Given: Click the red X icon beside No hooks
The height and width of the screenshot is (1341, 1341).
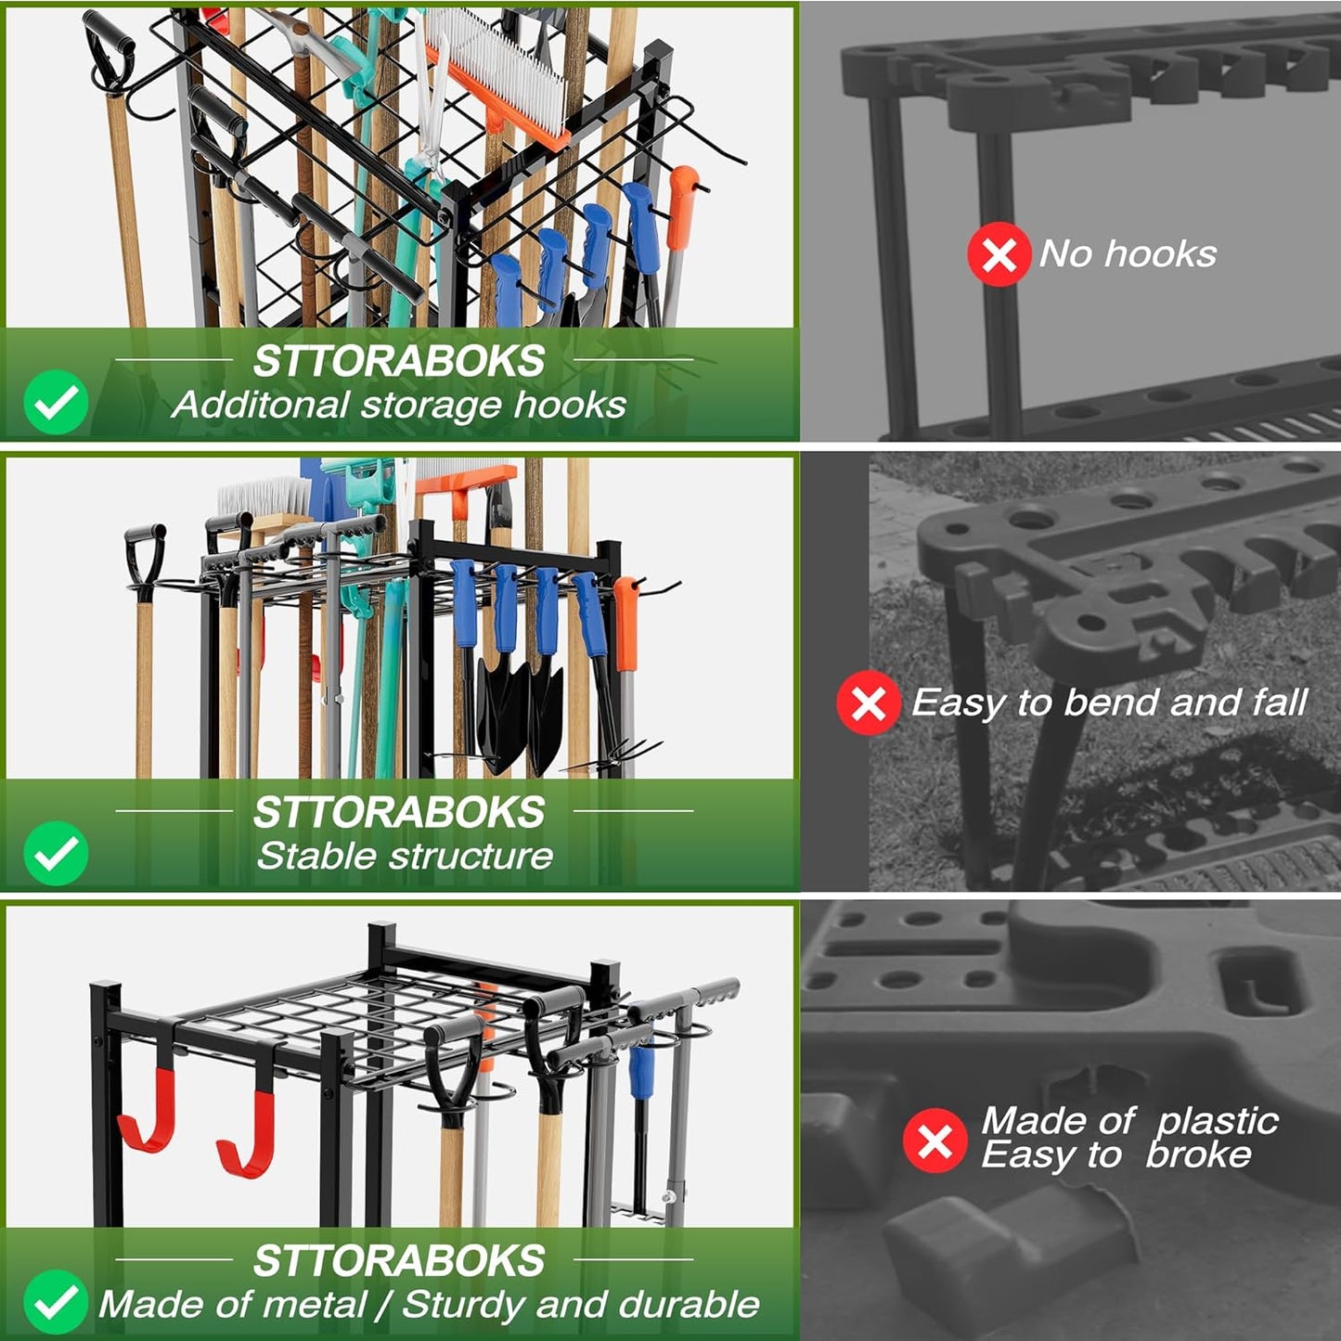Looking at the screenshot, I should coord(999,254).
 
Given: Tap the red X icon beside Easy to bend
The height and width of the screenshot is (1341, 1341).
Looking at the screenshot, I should coord(868,703).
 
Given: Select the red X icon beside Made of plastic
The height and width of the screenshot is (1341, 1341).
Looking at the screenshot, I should coord(935,1140).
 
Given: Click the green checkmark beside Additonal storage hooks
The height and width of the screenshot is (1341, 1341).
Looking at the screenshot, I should coord(56,402).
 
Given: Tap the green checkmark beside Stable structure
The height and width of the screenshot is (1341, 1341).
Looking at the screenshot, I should coord(56,852).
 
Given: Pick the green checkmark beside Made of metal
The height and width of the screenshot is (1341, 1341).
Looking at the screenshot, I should coord(56,1301).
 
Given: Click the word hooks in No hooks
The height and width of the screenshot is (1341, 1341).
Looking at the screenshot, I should coord(1160,253).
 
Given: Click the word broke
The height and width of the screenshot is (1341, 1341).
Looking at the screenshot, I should coord(1198,1155).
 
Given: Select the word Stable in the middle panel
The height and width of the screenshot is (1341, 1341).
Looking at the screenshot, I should coord(312,856).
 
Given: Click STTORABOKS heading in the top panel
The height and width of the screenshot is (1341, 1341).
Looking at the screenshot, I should coord(399,361).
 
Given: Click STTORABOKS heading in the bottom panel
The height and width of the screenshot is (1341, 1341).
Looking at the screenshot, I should coord(399,1260).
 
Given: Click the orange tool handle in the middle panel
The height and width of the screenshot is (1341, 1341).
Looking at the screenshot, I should coord(627,622).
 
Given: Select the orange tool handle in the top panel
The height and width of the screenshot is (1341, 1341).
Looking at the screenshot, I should coord(680,208).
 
